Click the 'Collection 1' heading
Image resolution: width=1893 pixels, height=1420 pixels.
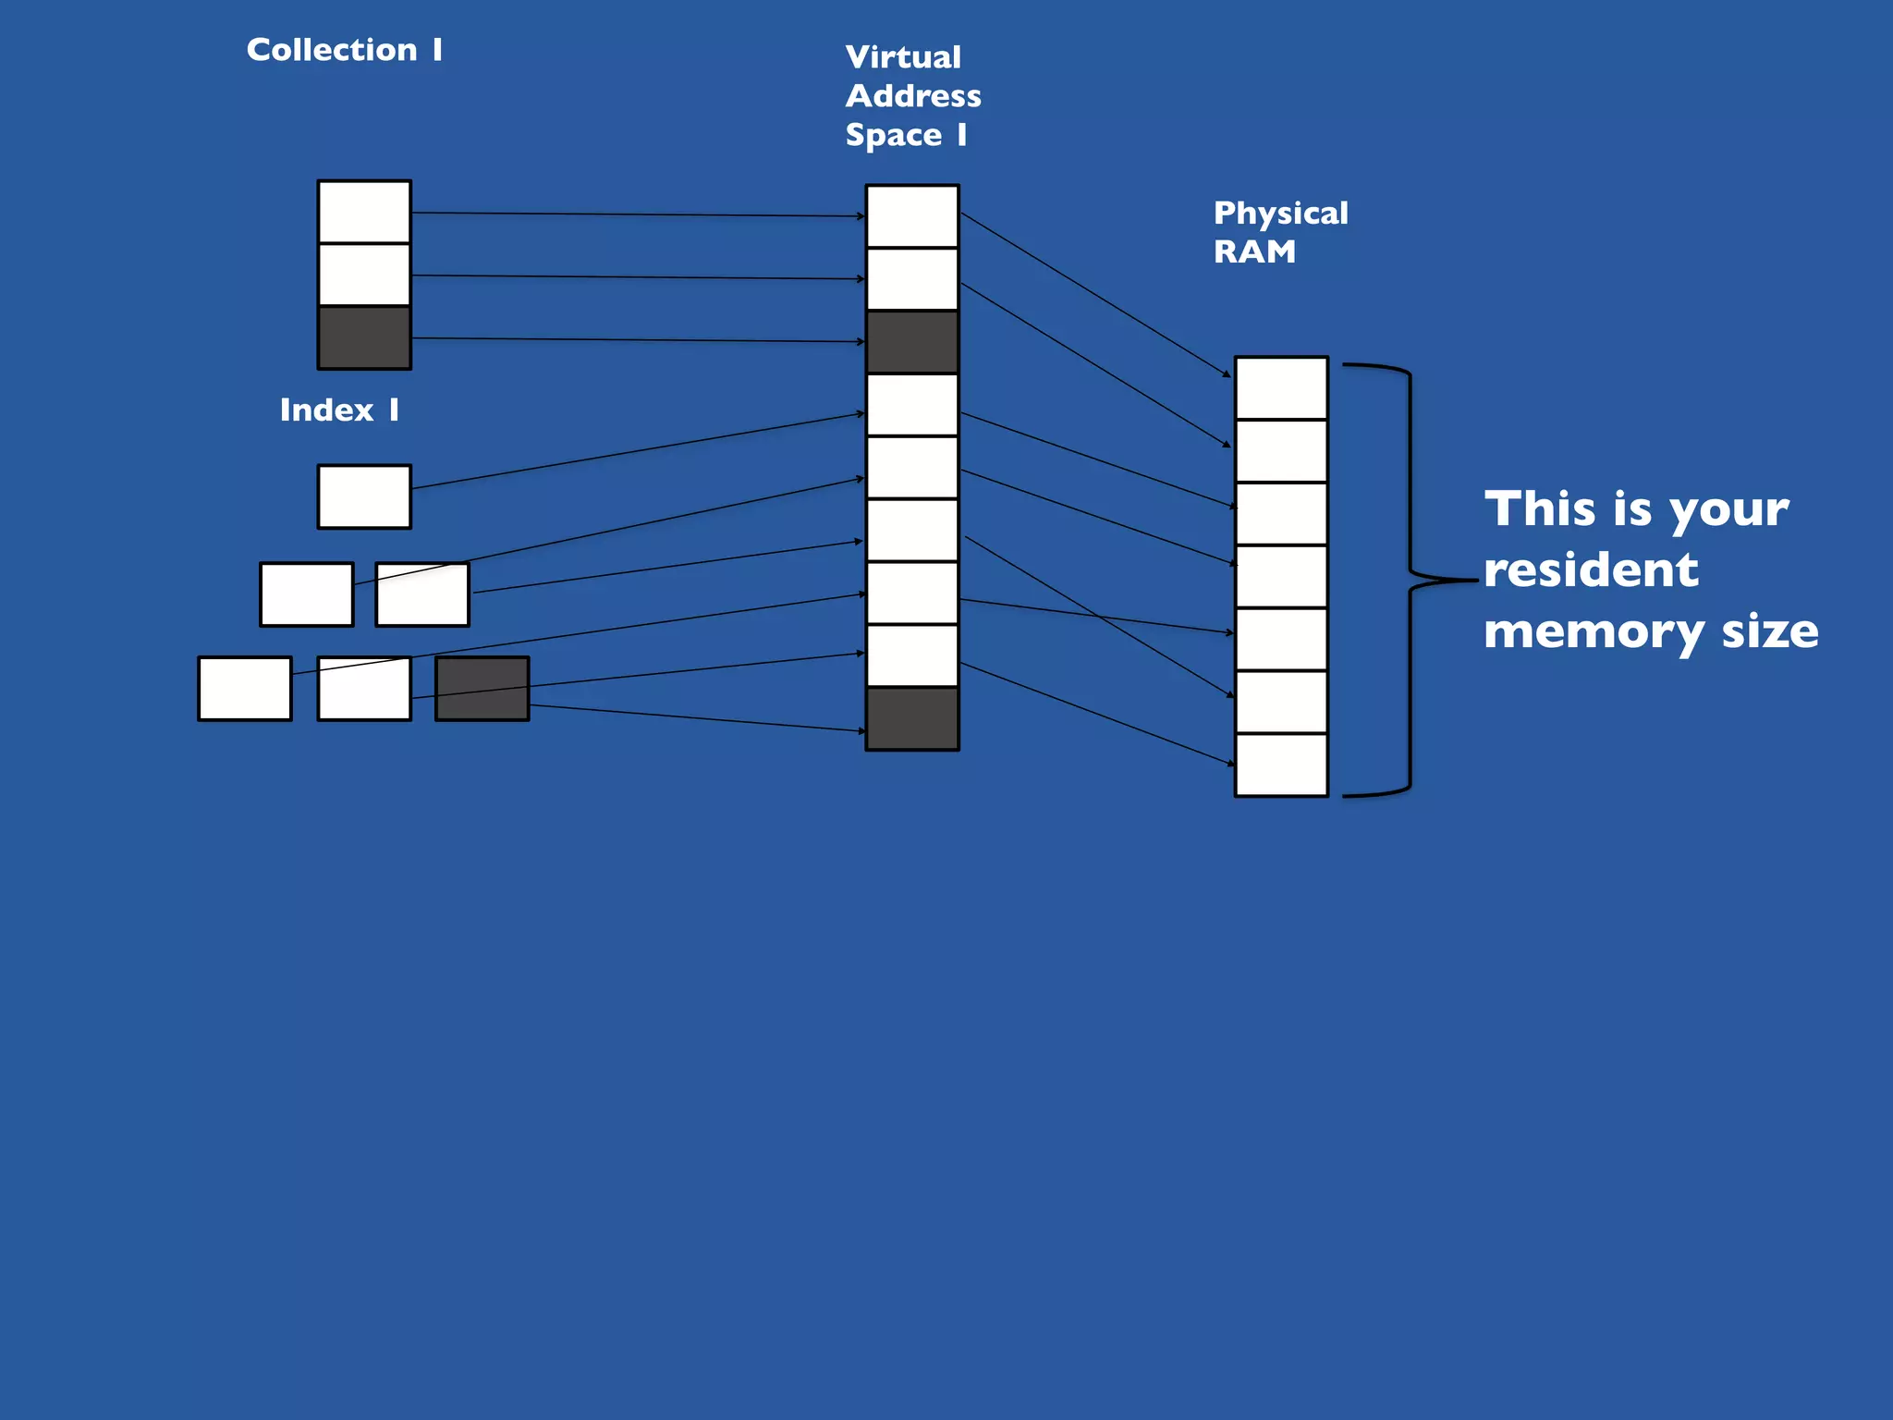coord(344,50)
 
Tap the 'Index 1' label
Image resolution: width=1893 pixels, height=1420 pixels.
coord(339,410)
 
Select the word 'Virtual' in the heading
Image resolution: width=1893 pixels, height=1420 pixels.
coord(903,57)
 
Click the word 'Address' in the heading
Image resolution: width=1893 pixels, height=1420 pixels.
coord(913,96)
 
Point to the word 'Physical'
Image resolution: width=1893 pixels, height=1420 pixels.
coord(1280,214)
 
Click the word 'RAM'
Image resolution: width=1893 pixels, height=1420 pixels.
coord(1254,251)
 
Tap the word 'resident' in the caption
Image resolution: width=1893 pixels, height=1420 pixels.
coord(1591,569)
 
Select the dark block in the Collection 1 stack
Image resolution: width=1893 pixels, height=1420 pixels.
coord(364,337)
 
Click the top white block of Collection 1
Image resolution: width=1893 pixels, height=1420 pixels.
coord(364,212)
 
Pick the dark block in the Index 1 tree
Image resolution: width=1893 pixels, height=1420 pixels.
coord(482,689)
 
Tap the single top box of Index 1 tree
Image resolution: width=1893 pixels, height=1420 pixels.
coord(364,496)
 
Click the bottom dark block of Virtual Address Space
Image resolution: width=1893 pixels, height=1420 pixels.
coord(912,718)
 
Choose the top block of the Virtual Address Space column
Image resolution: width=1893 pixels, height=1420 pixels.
coord(912,216)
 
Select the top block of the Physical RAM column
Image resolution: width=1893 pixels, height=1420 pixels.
coord(1281,388)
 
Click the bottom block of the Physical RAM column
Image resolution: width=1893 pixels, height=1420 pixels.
coord(1281,765)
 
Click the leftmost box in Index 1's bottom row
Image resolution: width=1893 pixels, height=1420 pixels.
coord(245,689)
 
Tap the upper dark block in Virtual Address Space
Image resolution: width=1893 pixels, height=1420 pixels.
coord(912,342)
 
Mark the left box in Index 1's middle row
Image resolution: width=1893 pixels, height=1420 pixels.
coord(306,594)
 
